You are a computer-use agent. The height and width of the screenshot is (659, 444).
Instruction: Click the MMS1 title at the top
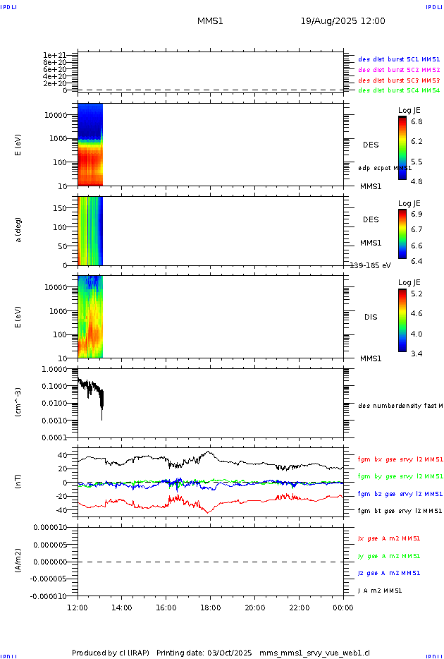coord(210,21)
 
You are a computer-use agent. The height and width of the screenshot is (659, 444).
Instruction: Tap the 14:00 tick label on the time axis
coord(122,607)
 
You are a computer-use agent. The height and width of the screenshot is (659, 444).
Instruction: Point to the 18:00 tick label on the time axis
coord(210,607)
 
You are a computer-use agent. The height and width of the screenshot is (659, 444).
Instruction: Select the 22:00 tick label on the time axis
coord(299,607)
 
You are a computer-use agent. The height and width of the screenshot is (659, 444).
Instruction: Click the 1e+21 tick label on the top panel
coord(54,55)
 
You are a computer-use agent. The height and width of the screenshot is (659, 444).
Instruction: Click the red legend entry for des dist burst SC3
coord(399,80)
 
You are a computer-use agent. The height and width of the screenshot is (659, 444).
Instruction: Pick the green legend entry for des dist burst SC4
coord(399,90)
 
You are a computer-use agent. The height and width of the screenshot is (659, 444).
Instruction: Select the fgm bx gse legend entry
coord(400,459)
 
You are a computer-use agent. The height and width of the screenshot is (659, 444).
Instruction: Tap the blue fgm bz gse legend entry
coord(400,494)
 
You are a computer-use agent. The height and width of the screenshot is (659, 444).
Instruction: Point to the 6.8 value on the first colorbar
coord(417,121)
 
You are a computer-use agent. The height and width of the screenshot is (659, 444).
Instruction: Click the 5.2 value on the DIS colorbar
coord(417,293)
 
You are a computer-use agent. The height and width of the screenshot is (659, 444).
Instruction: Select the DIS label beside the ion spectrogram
coord(370,317)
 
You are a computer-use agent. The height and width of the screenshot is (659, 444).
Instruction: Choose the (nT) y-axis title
coord(20,483)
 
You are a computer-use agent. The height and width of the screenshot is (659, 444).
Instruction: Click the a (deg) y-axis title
coord(20,229)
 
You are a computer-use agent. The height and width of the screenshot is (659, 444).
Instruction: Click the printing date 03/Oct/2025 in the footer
coord(229,652)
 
